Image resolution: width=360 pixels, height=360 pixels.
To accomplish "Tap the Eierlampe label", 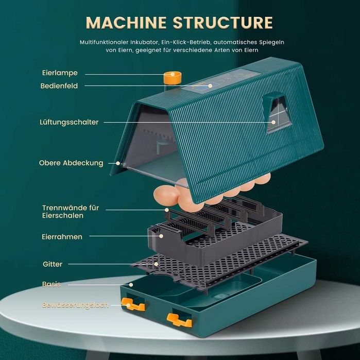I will [x=60, y=73].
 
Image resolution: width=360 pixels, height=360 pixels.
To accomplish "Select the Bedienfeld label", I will [x=59, y=86].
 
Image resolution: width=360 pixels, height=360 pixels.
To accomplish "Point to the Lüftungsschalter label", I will [x=69, y=122].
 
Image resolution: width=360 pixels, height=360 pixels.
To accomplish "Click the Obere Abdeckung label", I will [x=71, y=163].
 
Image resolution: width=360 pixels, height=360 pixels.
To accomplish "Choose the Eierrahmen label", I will [x=62, y=236].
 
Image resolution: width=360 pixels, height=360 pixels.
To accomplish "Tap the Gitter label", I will [x=53, y=264].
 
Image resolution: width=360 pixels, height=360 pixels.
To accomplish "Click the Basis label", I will [x=52, y=284].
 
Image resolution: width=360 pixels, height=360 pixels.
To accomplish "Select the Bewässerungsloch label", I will [x=75, y=305].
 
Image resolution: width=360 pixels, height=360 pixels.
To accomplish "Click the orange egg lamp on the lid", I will [x=171, y=78].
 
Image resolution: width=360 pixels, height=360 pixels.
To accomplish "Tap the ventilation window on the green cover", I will [x=277, y=113].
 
